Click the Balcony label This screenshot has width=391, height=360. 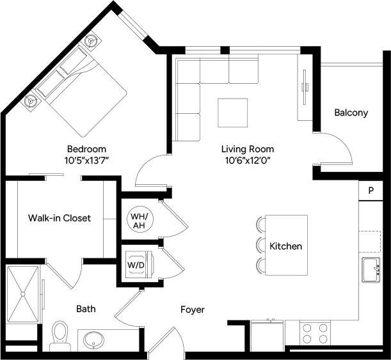[351, 113]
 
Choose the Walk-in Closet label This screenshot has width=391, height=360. [60, 218]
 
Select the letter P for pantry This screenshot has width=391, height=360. [370, 191]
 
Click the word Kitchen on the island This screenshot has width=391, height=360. [285, 246]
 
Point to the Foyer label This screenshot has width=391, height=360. [192, 309]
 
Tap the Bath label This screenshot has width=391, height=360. [86, 309]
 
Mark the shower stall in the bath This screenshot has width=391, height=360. [24, 294]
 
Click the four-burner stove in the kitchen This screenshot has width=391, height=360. [315, 333]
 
